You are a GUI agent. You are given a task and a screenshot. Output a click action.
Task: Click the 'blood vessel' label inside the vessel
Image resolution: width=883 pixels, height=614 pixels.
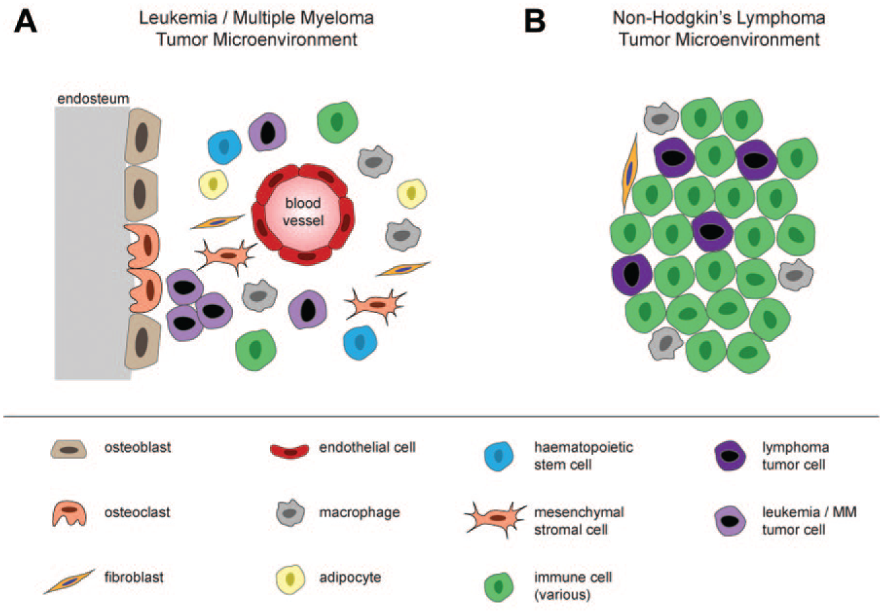[303, 212]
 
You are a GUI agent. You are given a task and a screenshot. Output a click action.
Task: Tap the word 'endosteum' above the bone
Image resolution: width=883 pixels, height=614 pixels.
[93, 98]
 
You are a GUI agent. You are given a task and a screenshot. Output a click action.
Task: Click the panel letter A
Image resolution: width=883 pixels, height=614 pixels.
[25, 22]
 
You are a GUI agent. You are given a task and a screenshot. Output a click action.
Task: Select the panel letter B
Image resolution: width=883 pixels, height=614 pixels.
[534, 22]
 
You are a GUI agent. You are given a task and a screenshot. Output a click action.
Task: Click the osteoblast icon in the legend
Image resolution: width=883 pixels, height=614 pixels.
[69, 449]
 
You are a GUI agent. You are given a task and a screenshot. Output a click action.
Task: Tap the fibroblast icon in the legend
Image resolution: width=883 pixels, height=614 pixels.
[69, 582]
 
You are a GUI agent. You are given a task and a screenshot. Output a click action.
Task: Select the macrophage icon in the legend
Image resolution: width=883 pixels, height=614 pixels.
[290, 513]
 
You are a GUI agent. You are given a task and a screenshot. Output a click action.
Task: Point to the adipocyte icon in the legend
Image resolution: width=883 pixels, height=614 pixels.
[290, 580]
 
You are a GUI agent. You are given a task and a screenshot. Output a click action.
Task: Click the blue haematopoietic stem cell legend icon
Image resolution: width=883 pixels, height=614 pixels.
[499, 456]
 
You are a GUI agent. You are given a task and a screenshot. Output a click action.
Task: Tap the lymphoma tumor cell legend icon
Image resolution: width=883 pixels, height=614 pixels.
[730, 456]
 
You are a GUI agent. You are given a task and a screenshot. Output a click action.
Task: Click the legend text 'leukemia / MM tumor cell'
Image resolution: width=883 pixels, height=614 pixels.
[809, 521]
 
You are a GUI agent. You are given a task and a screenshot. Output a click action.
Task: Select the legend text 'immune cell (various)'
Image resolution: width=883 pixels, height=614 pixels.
[573, 585]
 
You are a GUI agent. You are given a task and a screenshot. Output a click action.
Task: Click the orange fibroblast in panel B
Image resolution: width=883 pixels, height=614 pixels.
[630, 172]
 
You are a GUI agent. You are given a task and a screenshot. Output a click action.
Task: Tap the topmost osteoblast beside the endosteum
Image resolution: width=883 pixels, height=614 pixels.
[142, 136]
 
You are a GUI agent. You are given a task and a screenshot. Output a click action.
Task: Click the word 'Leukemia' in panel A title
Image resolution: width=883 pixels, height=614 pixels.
[178, 18]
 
